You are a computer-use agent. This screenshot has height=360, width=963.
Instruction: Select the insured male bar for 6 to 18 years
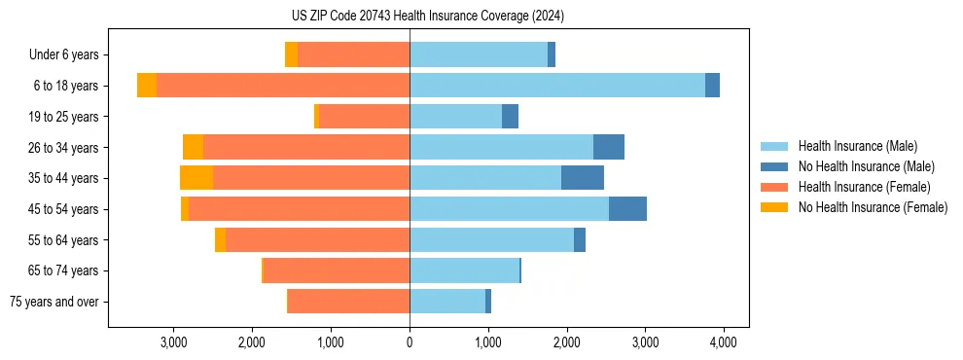coord(557,86)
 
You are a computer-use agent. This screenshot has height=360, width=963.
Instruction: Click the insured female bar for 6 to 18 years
coord(282,86)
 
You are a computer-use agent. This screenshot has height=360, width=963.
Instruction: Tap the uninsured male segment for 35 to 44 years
coord(583,178)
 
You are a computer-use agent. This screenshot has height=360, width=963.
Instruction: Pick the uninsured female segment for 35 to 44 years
coord(196,178)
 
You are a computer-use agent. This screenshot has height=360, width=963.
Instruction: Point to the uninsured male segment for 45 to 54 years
coord(627,209)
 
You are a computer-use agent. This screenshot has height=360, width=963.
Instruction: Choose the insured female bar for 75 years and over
coord(348,302)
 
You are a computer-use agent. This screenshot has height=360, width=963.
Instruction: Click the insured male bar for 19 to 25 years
coord(455,117)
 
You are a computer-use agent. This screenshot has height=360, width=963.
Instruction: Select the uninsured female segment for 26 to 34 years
coord(193,147)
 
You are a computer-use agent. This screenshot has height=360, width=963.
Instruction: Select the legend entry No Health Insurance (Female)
coord(873,207)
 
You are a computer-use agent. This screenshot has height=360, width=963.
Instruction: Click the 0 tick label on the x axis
coord(410,342)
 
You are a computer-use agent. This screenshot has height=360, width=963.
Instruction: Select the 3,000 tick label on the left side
coord(173,342)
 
